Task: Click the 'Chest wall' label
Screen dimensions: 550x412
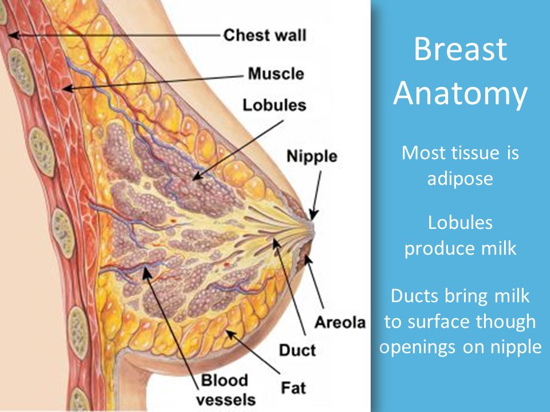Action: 265,35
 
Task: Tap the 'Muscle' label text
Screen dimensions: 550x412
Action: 276,74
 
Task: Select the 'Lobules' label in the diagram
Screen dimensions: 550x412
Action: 274,105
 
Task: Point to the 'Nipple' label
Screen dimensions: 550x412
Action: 312,156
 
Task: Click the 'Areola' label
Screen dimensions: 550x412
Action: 340,322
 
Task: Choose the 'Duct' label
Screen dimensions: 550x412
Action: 297,350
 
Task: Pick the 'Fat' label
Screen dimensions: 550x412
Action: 293,388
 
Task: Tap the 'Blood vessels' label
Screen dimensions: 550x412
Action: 226,390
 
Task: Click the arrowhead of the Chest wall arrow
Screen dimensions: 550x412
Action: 13,35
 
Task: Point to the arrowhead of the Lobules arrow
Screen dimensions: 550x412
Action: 197,176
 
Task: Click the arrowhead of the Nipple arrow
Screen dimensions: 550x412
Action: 313,215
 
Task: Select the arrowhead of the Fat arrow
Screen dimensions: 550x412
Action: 229,333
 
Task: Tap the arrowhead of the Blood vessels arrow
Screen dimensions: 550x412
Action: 147,272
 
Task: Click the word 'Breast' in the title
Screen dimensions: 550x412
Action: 460,49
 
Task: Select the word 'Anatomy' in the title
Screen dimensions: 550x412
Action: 460,94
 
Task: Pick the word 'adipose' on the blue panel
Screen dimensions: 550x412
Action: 460,179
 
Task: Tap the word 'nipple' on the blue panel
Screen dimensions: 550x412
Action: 516,347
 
